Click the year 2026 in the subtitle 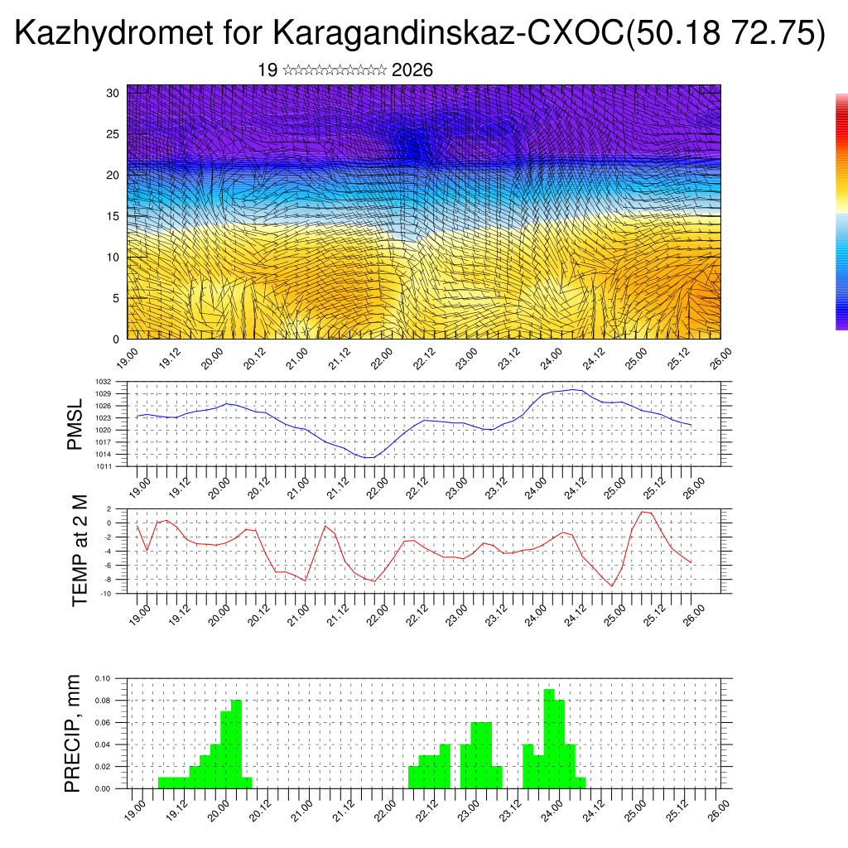tap(412, 70)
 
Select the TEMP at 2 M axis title tap(79, 550)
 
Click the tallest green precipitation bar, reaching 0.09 tap(548, 737)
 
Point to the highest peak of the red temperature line tap(643, 512)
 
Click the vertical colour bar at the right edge tap(841, 211)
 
